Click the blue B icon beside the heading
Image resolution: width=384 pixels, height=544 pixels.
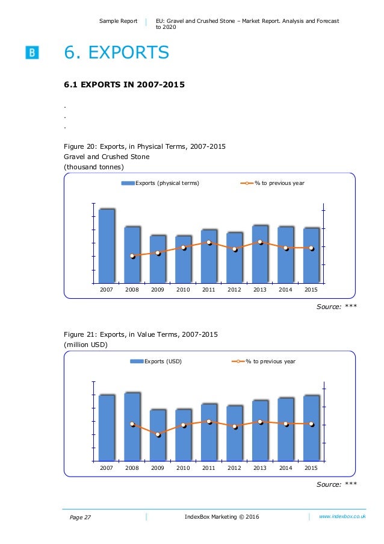(32, 52)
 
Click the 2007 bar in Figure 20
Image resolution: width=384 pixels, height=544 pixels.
(107, 246)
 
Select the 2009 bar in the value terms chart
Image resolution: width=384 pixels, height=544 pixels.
(158, 436)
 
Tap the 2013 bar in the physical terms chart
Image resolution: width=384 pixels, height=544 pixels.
(260, 254)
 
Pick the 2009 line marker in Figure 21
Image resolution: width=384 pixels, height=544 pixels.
(158, 434)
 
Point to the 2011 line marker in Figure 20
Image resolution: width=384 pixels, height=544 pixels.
(209, 243)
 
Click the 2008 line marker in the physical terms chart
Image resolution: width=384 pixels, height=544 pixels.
(132, 256)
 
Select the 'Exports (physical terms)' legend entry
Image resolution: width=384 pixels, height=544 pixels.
(160, 183)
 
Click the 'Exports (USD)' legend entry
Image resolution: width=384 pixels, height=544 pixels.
(156, 361)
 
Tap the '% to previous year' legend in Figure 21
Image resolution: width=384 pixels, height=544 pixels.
(264, 361)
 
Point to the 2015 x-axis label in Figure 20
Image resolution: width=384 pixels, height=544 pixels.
(311, 290)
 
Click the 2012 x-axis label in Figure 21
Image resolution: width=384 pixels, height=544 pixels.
(234, 467)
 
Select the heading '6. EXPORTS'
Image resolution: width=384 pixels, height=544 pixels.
(116, 52)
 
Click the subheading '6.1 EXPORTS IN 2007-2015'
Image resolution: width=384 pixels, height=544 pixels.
(124, 84)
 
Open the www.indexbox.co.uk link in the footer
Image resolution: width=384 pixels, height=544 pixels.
(342, 516)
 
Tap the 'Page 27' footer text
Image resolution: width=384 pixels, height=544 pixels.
(80, 517)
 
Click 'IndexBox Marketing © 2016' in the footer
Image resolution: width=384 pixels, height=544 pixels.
(222, 517)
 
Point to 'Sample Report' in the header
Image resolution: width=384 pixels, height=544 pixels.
(118, 21)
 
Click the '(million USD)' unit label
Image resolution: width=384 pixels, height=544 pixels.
(85, 345)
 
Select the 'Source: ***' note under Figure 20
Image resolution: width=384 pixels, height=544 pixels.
(336, 307)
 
